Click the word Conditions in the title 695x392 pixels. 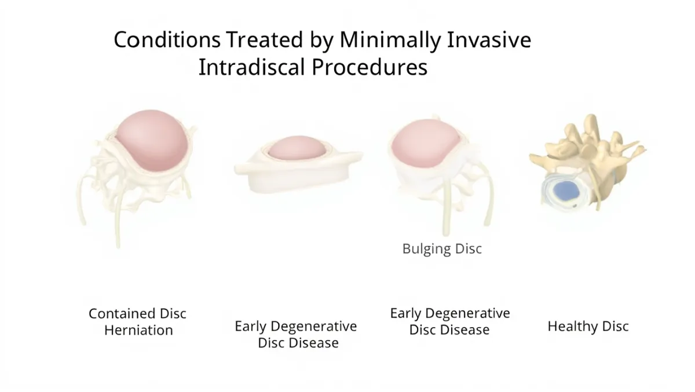pyautogui.click(x=167, y=40)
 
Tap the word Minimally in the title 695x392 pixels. pyautogui.click(x=390, y=41)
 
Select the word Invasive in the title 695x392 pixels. pyautogui.click(x=489, y=40)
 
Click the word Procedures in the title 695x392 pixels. pyautogui.click(x=370, y=67)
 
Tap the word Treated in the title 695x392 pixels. pyautogui.click(x=264, y=40)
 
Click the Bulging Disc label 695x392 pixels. pyautogui.click(x=442, y=249)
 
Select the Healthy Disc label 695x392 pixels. pyautogui.click(x=588, y=327)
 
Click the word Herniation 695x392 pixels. pyautogui.click(x=138, y=330)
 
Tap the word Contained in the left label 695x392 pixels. pyautogui.click(x=122, y=313)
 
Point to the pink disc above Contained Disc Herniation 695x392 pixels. pyautogui.click(x=152, y=140)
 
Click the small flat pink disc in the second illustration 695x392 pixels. pyautogui.click(x=297, y=148)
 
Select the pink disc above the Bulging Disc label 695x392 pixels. pyautogui.click(x=425, y=143)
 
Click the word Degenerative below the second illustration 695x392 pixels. pyautogui.click(x=314, y=327)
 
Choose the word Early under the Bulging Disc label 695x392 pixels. pyautogui.click(x=405, y=313)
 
